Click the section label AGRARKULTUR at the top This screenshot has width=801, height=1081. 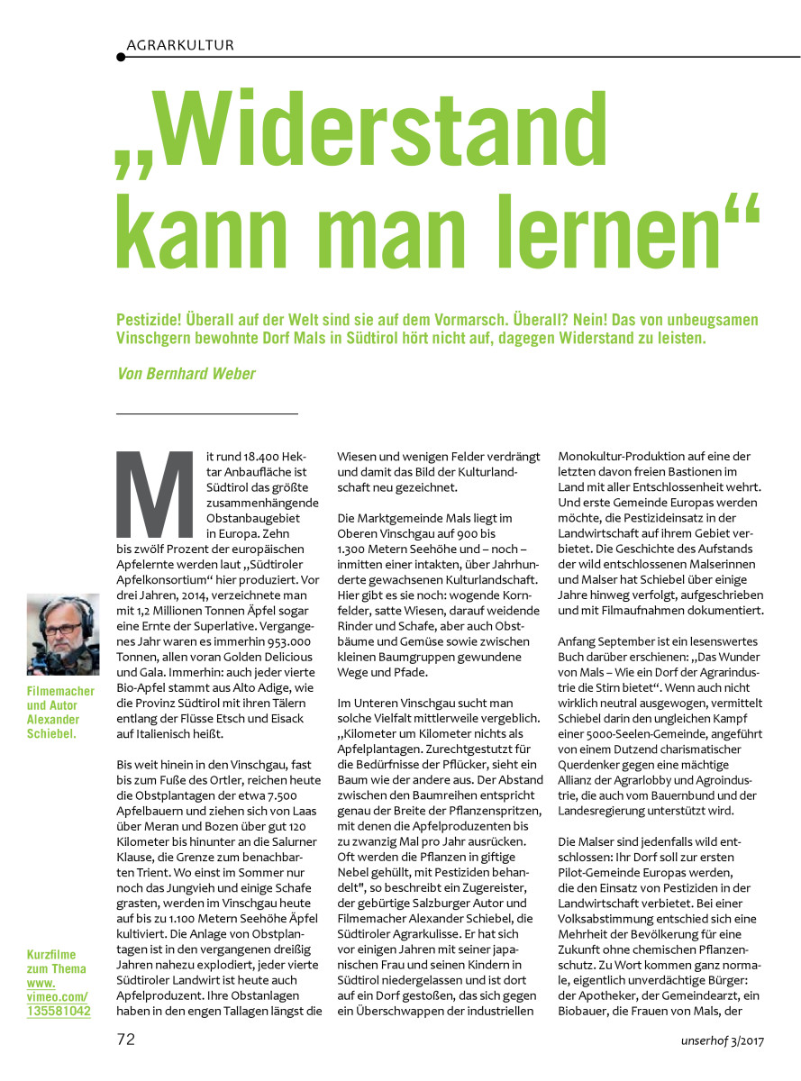tap(180, 44)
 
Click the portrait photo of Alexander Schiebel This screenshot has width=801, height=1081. tap(63, 634)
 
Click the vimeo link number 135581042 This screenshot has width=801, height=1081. tap(59, 1012)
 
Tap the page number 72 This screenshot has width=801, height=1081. tap(126, 1039)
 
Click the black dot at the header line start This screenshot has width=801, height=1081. tap(121, 57)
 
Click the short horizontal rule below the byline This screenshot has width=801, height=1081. tap(207, 413)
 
